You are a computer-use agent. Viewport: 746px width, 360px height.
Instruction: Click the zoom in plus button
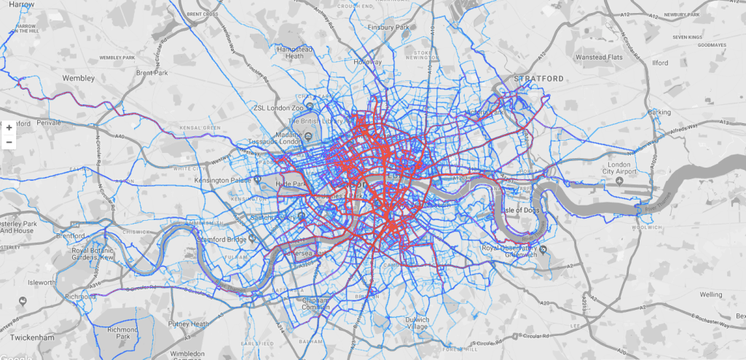[9, 127]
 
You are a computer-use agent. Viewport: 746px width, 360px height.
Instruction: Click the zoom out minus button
[9, 141]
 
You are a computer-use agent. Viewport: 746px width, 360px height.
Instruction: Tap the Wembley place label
[79, 77]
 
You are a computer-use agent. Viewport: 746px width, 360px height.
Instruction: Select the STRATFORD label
[538, 78]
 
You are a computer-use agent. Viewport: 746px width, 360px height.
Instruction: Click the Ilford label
[660, 63]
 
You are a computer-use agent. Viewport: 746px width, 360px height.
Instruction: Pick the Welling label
[710, 295]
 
